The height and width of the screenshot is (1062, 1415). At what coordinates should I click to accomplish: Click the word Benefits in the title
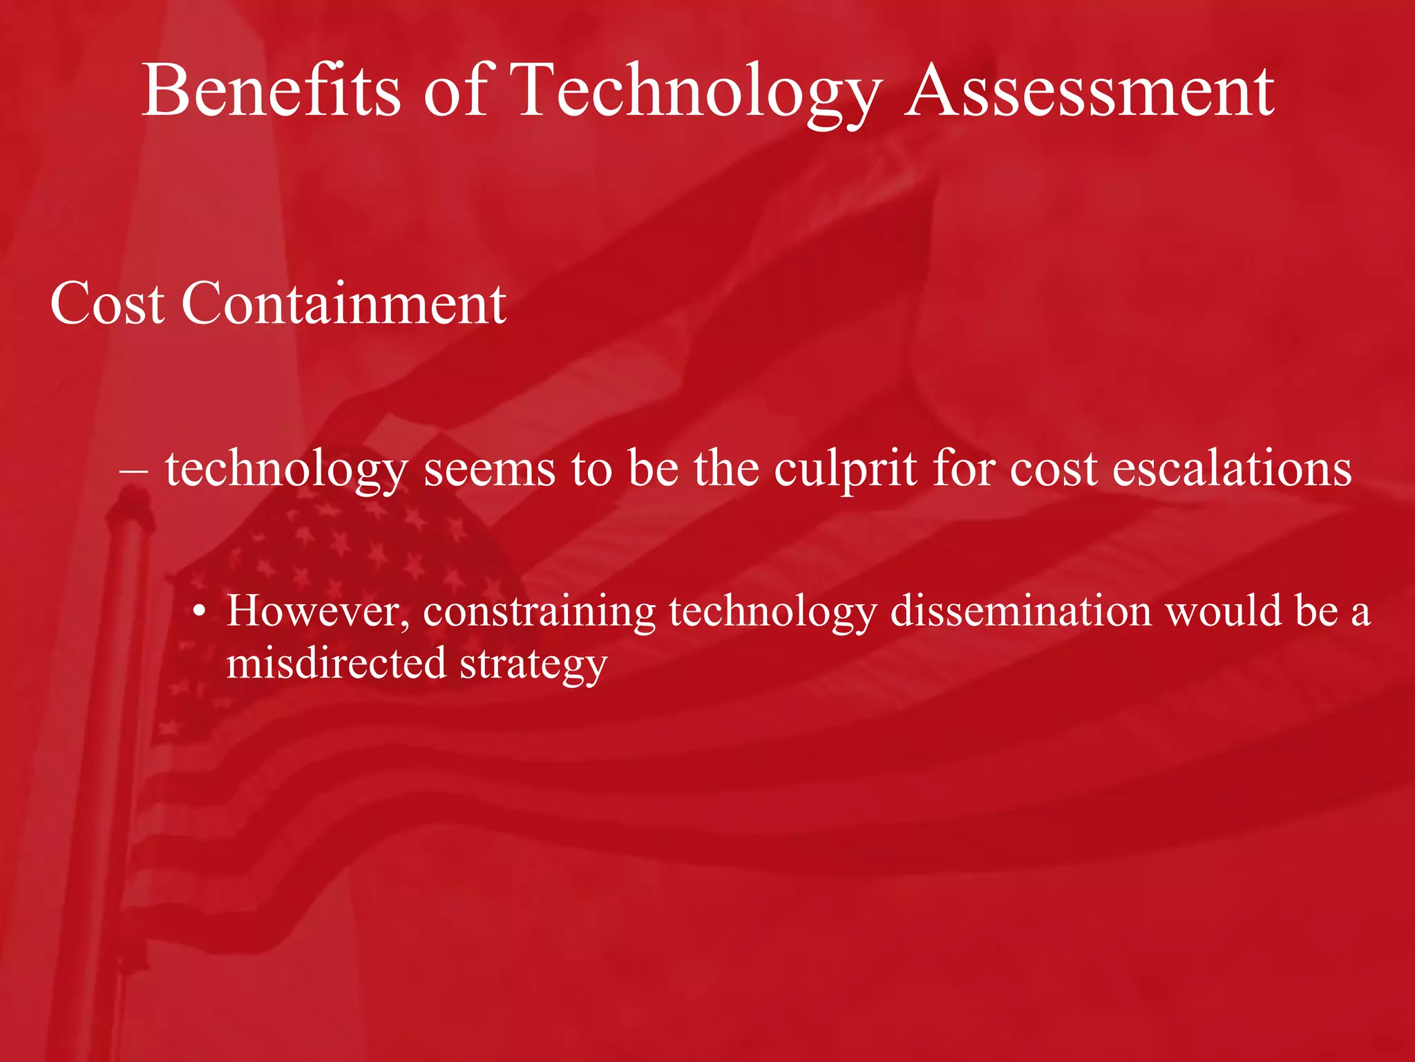(271, 91)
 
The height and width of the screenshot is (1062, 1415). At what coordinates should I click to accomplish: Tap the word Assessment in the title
(1090, 91)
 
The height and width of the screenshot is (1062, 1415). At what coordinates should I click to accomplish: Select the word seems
(489, 469)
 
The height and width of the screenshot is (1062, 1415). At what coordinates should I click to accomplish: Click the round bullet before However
(200, 612)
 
